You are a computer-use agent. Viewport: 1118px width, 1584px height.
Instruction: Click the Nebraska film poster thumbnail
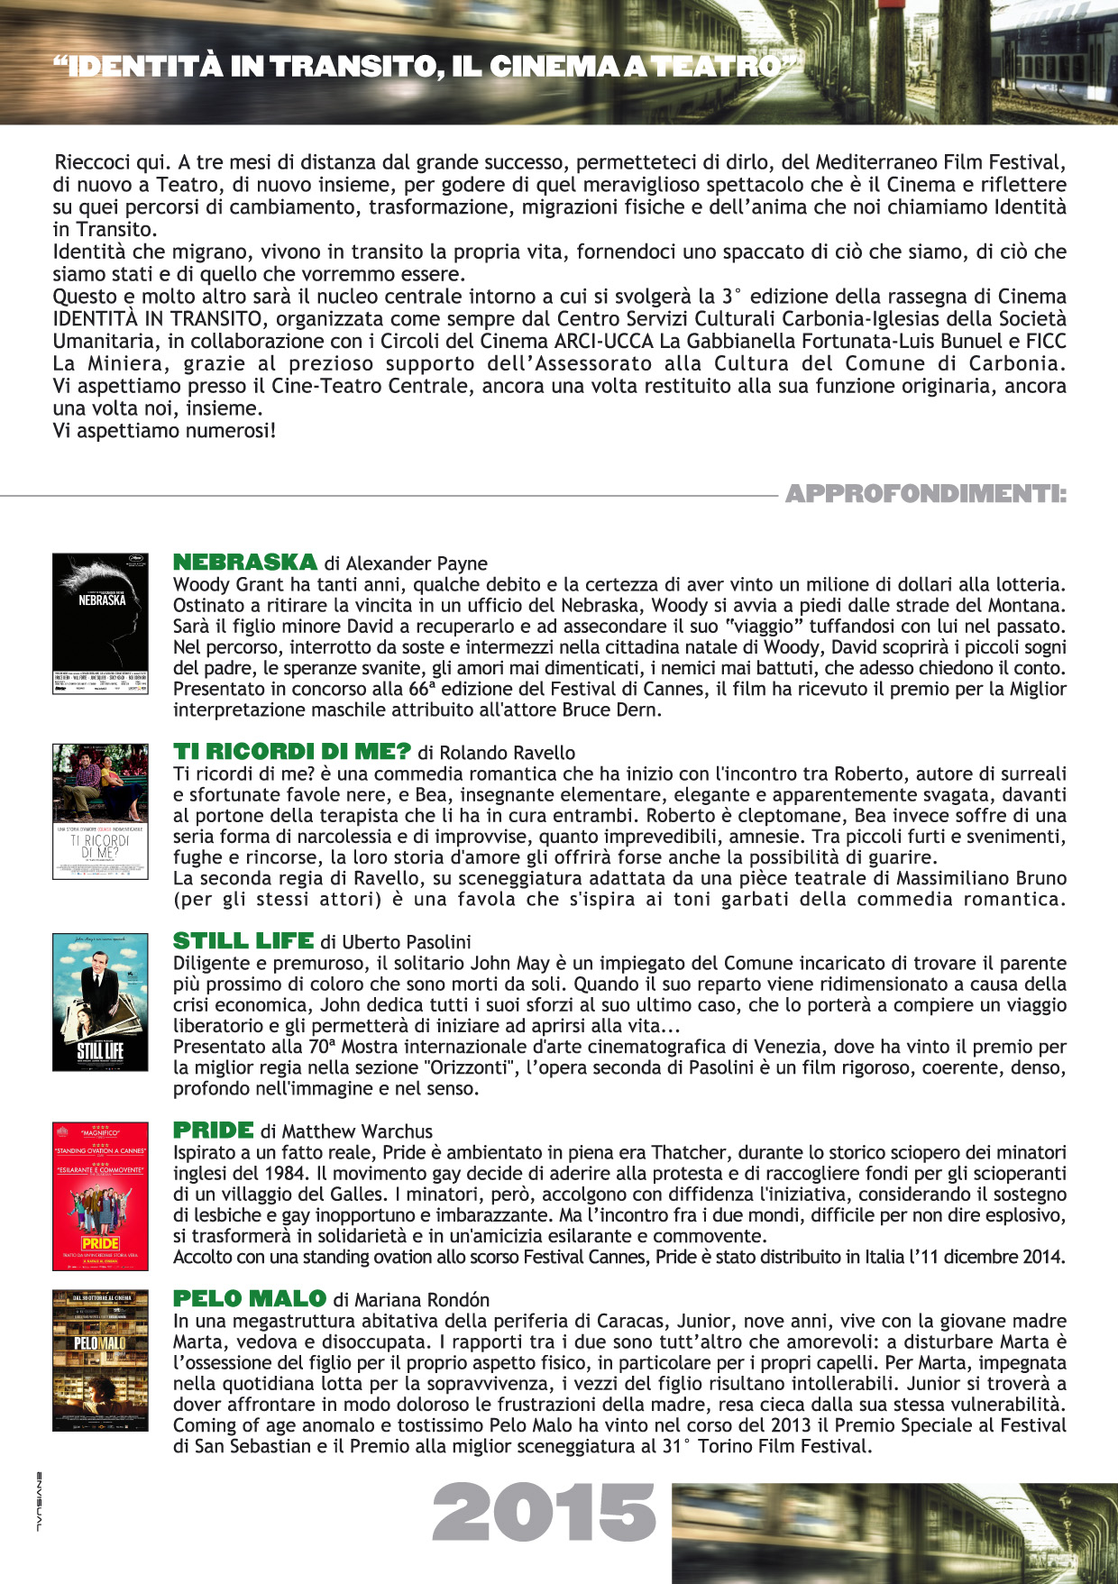(100, 623)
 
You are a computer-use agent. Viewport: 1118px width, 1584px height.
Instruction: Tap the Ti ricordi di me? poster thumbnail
(100, 811)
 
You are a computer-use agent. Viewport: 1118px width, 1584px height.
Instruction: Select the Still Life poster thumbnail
(100, 1002)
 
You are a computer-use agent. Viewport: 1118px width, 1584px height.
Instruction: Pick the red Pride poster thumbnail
(100, 1195)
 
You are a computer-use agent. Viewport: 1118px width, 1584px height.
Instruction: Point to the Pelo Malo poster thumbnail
(100, 1360)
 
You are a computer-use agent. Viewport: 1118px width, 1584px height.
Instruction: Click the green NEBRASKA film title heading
(244, 563)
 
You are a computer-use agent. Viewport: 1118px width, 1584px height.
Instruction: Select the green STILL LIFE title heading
(243, 941)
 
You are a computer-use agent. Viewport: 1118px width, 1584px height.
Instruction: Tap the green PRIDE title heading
(213, 1131)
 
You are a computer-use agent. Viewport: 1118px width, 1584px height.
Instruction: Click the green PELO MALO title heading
(249, 1299)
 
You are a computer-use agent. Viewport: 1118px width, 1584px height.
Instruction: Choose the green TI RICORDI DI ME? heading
(291, 752)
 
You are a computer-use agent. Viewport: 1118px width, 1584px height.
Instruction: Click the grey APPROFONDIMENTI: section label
(926, 494)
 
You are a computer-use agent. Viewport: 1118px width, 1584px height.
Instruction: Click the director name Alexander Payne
(417, 563)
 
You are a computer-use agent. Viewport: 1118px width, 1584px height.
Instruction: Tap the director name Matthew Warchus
(357, 1131)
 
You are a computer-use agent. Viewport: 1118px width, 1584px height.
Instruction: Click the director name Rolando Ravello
(508, 753)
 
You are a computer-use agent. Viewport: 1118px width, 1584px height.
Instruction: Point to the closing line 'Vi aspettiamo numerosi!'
(164, 430)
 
